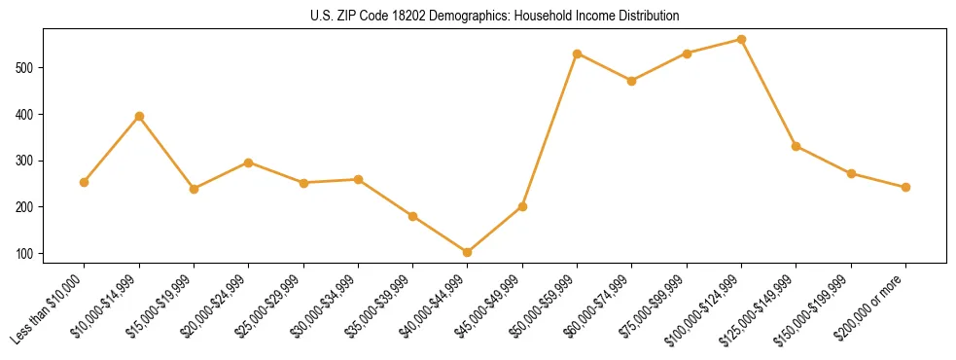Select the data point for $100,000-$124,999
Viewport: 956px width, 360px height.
click(x=741, y=40)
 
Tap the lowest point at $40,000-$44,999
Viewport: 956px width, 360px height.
click(x=468, y=252)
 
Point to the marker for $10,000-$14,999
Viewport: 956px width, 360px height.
click(x=139, y=116)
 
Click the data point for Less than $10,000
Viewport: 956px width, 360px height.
click(x=85, y=182)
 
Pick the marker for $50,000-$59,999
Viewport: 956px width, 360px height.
click(x=578, y=54)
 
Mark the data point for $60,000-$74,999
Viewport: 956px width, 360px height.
click(x=632, y=81)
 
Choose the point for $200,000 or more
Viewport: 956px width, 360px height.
click(x=905, y=187)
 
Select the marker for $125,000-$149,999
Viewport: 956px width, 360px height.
click(x=796, y=146)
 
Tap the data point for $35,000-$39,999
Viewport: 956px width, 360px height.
click(x=412, y=216)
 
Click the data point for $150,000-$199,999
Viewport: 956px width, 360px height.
click(x=851, y=173)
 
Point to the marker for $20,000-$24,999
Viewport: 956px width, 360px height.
click(x=249, y=162)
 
